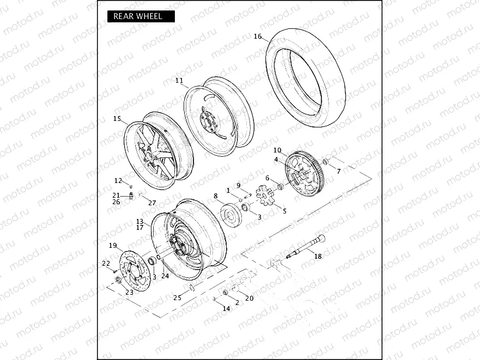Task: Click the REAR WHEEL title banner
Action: point(141,16)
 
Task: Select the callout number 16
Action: point(258,37)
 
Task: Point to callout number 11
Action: point(179,81)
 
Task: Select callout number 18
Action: point(318,257)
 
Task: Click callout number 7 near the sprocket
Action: point(338,171)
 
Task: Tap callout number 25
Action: point(177,297)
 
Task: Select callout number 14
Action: point(226,309)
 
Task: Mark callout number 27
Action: point(152,203)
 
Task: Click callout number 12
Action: point(118,180)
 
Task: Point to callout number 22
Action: point(106,263)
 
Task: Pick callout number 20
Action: point(250,298)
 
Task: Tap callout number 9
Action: point(238,185)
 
